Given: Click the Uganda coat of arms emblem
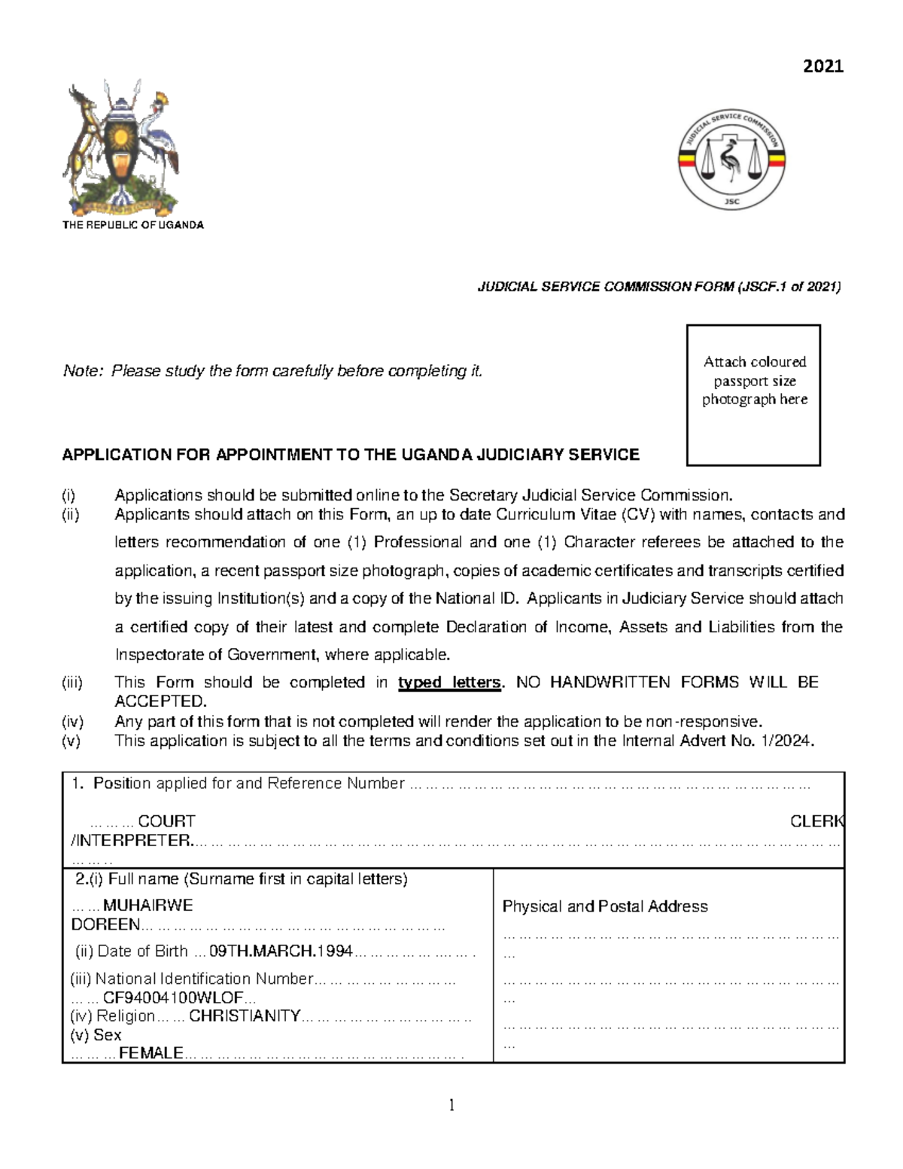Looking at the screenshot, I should tap(122, 148).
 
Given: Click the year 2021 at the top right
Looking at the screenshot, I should tap(823, 66).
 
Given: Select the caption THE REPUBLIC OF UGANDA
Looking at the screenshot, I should tap(132, 225).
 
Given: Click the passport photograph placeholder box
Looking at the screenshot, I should tap(753, 395).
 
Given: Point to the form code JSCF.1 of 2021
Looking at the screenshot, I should tap(789, 287).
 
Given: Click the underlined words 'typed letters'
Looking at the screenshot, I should tap(449, 683).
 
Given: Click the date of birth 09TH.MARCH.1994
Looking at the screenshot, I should tap(281, 951).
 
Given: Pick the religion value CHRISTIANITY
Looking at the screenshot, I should tap(245, 1016).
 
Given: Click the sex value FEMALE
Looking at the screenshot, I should tap(151, 1053).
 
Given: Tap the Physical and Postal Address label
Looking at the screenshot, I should tap(605, 906).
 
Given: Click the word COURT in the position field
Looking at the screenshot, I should tap(166, 821).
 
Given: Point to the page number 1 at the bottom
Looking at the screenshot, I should tap(451, 1105).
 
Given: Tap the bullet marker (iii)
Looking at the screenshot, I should tap(72, 683).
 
